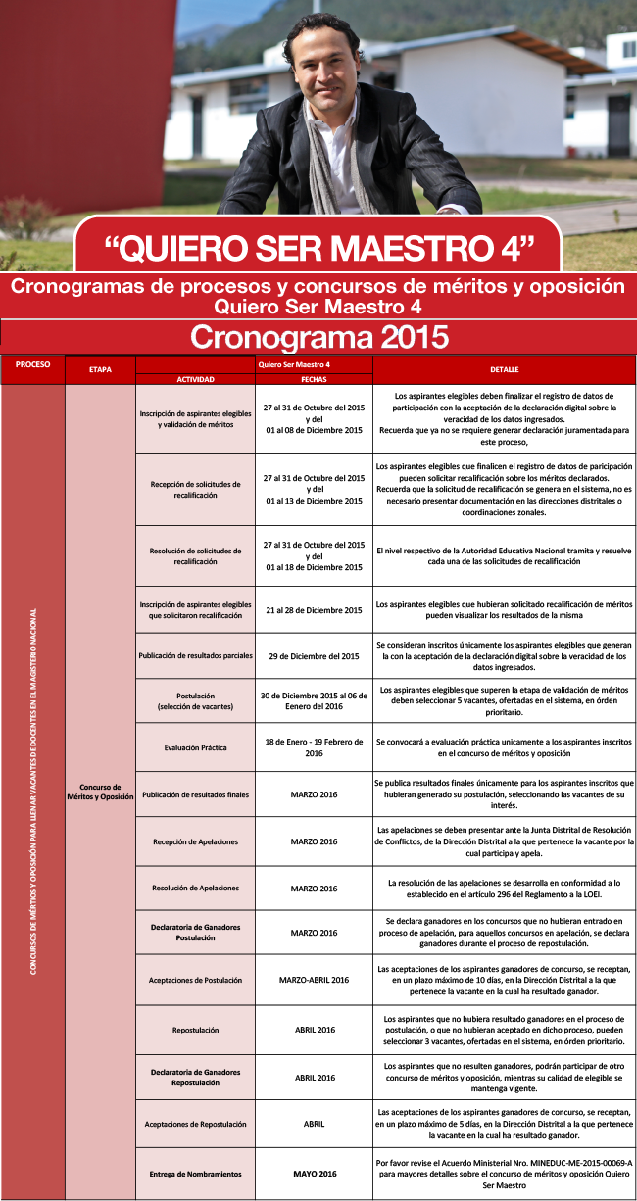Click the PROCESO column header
(x=32, y=364)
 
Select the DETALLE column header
(x=504, y=369)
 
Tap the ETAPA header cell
(x=100, y=370)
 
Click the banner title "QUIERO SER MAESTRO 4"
(x=318, y=247)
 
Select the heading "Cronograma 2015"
(x=318, y=337)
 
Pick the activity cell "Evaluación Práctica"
(x=195, y=747)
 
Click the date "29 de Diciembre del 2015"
(x=314, y=655)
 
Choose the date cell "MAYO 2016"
(x=314, y=1174)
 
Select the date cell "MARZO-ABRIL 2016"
(x=314, y=980)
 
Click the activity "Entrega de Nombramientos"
(x=195, y=1174)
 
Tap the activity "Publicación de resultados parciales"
(x=195, y=655)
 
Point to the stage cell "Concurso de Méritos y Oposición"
(x=100, y=792)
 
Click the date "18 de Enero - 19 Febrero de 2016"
(x=314, y=747)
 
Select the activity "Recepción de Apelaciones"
(x=195, y=841)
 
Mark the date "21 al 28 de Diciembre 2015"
(x=314, y=609)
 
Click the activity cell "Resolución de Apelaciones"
(x=195, y=889)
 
